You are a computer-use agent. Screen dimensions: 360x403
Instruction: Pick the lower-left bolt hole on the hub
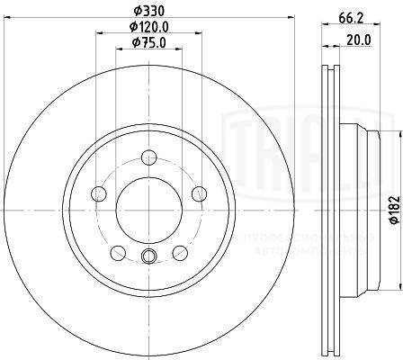tap(117, 252)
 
